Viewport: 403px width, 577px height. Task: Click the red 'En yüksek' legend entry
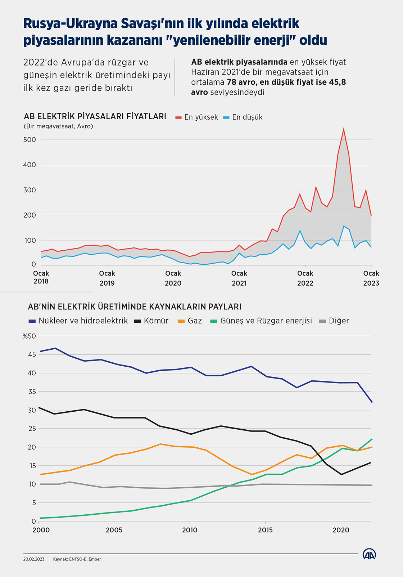point(197,117)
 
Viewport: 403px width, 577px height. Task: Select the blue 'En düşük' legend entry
point(243,117)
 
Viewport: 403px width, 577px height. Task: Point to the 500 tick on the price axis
point(30,140)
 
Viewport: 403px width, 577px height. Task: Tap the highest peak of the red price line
point(344,129)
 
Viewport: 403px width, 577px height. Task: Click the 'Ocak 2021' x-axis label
point(239,278)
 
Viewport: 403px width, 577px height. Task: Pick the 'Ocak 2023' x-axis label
point(371,278)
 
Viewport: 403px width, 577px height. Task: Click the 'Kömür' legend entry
point(151,321)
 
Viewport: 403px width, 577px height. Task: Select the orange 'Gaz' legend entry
point(190,321)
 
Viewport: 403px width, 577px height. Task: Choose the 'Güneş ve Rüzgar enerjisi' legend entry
point(261,321)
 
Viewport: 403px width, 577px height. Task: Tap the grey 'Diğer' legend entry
point(334,321)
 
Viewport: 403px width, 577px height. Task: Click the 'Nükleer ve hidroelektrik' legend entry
point(78,321)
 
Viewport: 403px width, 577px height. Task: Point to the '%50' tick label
point(29,336)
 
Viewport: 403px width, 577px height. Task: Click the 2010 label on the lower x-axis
point(190,530)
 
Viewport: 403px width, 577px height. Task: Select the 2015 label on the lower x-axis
point(265,530)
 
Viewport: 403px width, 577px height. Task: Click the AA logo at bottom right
point(369,554)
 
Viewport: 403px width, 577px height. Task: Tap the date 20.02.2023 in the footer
point(34,559)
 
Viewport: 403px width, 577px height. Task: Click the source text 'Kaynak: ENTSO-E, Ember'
point(77,559)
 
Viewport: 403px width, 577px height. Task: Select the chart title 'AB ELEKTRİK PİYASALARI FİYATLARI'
point(95,116)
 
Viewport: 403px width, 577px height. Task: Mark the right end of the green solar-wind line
point(371,439)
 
